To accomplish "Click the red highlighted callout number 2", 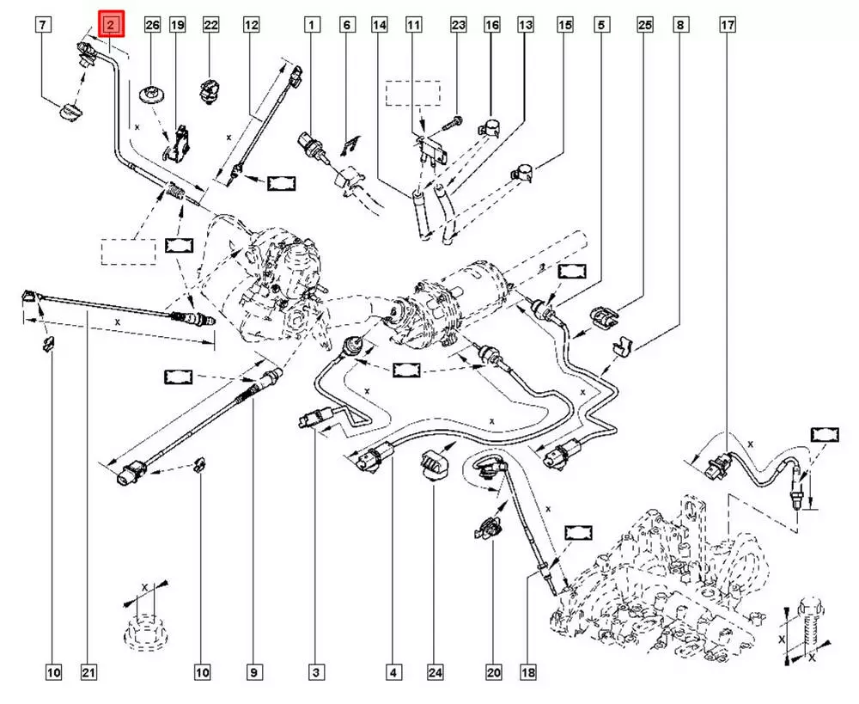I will point(112,25).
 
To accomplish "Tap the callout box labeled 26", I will point(152,25).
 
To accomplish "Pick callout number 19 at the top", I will point(177,25).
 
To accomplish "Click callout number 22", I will point(211,25).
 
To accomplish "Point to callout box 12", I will point(251,25).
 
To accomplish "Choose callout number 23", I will point(458,25).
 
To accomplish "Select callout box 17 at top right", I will point(727,25).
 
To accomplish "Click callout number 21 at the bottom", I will point(87,671).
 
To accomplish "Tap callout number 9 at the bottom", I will point(253,671).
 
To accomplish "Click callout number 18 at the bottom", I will point(527,671).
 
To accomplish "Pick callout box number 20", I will point(494,671).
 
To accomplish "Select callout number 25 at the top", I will point(645,25).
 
